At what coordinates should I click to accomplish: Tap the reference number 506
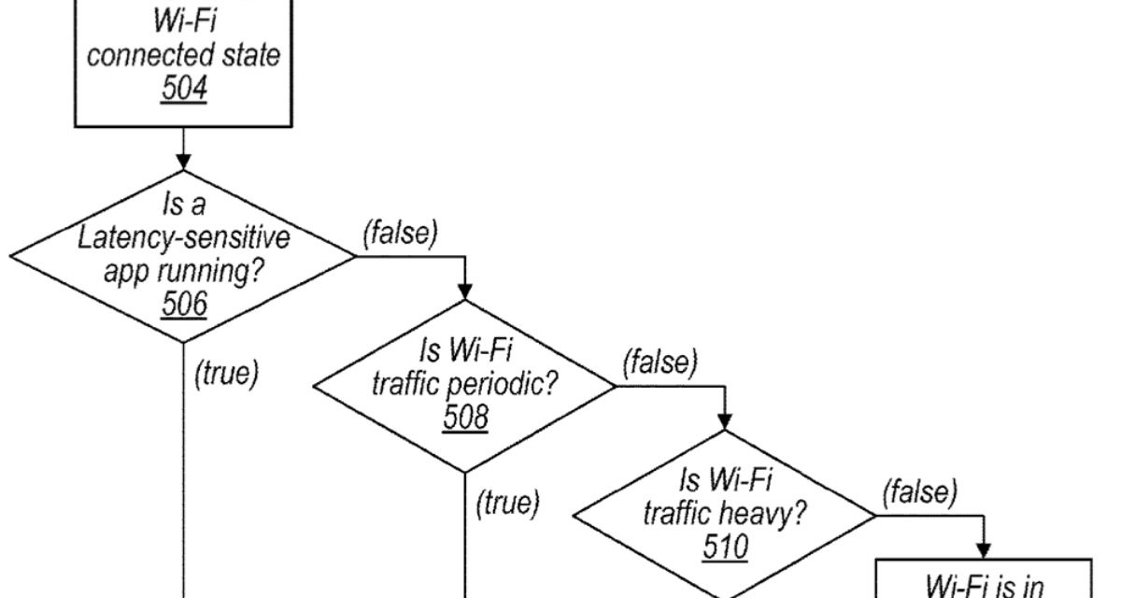(183, 303)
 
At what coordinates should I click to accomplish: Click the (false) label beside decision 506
(399, 234)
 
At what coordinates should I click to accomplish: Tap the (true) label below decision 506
(225, 374)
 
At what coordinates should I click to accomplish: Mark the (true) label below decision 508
(507, 505)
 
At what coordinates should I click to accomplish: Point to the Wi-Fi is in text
(983, 585)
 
